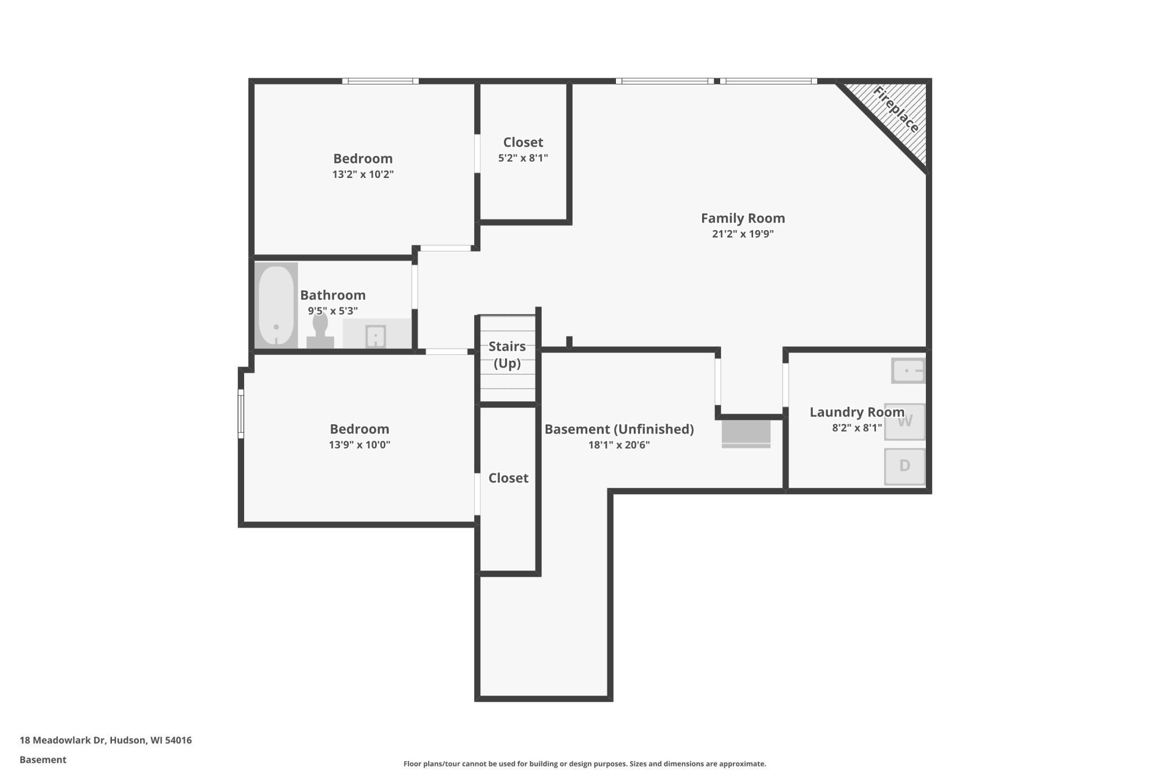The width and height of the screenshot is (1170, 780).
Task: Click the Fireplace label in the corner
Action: point(895,110)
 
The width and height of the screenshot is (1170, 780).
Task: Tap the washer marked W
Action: point(904,422)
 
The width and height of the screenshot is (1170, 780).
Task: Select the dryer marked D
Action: point(904,466)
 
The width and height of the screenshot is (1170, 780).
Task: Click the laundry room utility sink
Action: point(908,371)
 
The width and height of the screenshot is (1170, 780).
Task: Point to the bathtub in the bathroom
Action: point(276,306)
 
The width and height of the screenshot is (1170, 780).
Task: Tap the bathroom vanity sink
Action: point(375,336)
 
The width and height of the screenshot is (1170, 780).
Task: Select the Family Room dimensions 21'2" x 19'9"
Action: point(742,234)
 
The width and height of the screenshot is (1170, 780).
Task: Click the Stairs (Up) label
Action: point(507,355)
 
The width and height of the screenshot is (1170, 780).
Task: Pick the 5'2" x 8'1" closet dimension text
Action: point(523,158)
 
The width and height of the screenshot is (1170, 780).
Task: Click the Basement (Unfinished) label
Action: point(619,429)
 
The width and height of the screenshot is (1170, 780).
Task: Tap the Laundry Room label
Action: point(856,412)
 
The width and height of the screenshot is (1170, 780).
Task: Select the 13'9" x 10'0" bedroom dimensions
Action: point(359,445)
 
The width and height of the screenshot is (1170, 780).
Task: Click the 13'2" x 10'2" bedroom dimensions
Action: point(363,174)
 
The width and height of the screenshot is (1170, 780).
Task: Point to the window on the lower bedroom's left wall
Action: point(241,414)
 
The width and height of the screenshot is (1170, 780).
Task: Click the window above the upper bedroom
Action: point(380,81)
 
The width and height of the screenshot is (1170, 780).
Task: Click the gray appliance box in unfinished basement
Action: point(746,433)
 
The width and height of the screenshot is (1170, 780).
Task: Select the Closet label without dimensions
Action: point(508,478)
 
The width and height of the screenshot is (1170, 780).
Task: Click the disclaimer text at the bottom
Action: point(584,764)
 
